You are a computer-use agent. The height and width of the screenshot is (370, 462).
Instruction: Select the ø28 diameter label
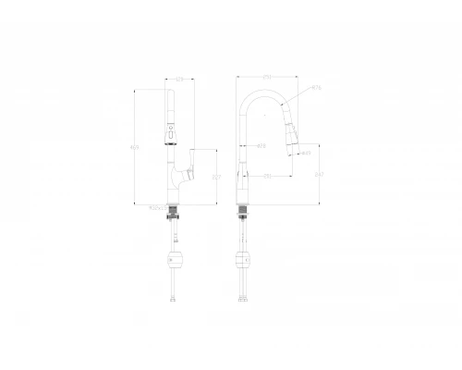click(261, 145)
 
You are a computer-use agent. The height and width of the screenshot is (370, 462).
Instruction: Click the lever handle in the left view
click(189, 174)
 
